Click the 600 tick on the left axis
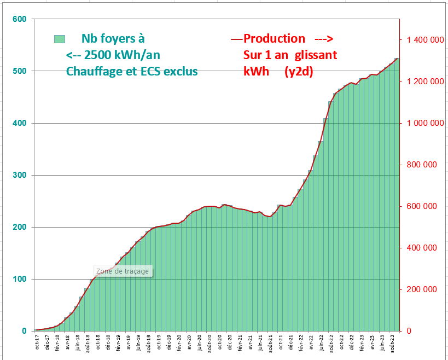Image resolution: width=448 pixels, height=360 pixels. (x=19, y=19)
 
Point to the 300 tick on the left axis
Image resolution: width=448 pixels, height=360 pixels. (x=19, y=175)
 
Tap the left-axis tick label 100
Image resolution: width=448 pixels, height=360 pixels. (x=19, y=279)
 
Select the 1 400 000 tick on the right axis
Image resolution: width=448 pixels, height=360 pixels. (x=421, y=40)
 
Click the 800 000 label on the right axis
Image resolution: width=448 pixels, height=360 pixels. (x=421, y=165)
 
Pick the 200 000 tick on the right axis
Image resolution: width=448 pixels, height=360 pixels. (x=421, y=289)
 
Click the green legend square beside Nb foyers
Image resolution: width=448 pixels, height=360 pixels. (x=60, y=39)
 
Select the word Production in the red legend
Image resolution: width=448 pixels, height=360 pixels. (x=274, y=39)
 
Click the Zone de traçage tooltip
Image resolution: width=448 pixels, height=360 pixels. (x=123, y=271)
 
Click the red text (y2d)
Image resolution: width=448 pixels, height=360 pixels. (x=299, y=72)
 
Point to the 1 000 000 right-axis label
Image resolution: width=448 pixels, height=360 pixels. (x=421, y=123)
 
